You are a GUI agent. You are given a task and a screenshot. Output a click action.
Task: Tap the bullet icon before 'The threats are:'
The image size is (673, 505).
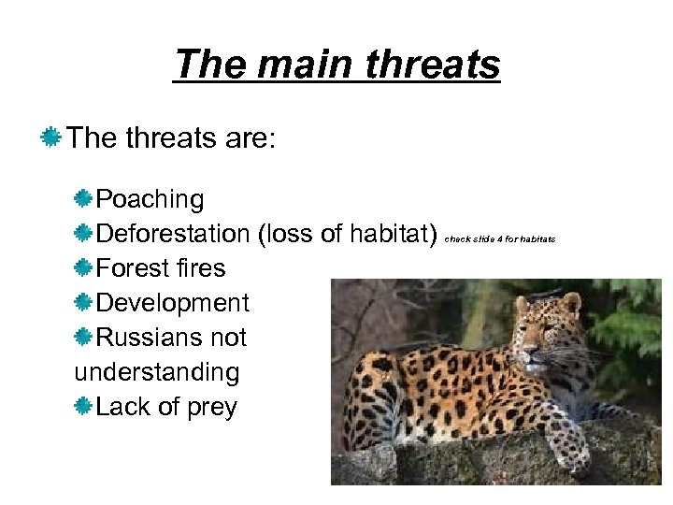[50, 139]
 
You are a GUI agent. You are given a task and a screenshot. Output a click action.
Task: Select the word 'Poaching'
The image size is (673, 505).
[150, 199]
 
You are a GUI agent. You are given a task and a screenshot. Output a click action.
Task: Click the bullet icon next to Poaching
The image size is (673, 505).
[84, 199]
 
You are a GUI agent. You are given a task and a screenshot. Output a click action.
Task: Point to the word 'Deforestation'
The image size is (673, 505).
[173, 234]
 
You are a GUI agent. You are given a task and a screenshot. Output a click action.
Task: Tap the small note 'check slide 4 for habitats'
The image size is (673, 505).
[499, 238]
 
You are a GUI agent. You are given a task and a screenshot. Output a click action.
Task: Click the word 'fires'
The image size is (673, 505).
[203, 268]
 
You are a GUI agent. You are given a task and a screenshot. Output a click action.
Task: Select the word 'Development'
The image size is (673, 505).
[173, 303]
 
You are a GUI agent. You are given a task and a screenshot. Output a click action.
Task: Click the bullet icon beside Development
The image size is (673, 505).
[84, 303]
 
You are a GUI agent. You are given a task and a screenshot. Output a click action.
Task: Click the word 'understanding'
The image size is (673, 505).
[157, 372]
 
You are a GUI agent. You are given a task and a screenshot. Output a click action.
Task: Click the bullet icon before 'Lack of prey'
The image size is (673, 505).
[84, 407]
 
